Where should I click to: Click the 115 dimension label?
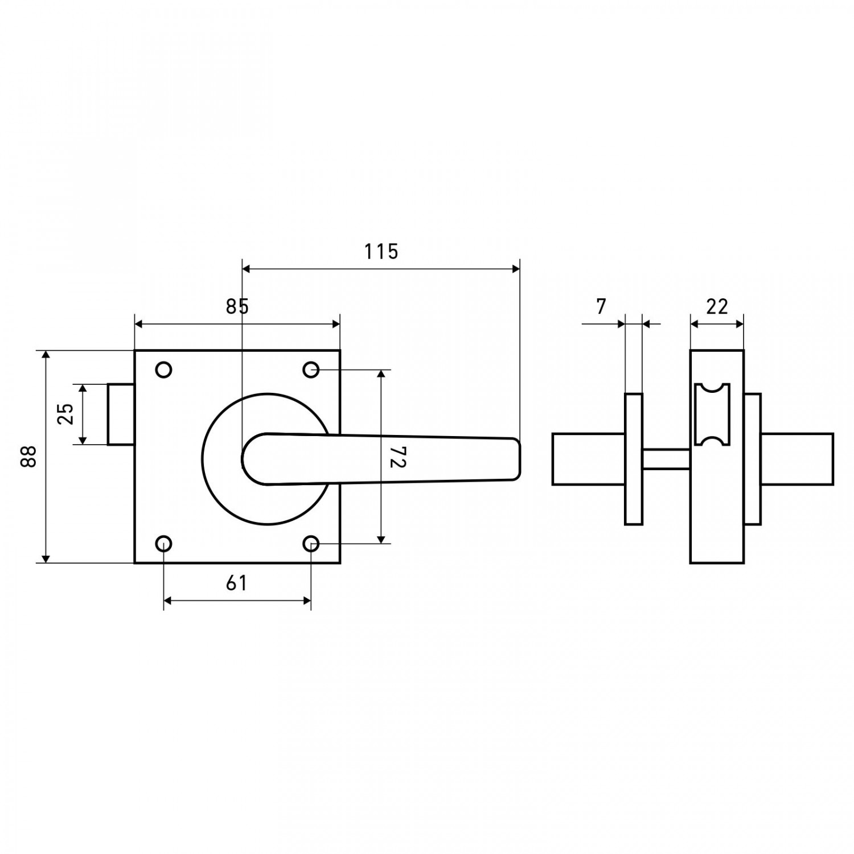pyautogui.click(x=381, y=251)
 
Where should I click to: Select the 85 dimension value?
pyautogui.click(x=237, y=306)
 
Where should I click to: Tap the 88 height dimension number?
pyautogui.click(x=28, y=456)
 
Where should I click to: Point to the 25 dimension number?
pyautogui.click(x=66, y=414)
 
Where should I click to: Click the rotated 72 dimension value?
pyautogui.click(x=397, y=457)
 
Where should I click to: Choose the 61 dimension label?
pyautogui.click(x=236, y=583)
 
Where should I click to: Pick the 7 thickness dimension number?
pyautogui.click(x=601, y=306)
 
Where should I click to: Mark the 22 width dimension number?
pyautogui.click(x=717, y=306)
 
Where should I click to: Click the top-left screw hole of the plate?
pyautogui.click(x=164, y=370)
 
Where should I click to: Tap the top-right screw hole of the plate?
pyautogui.click(x=311, y=370)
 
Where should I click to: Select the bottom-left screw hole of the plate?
pyautogui.click(x=164, y=544)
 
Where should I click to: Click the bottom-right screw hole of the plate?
pyautogui.click(x=311, y=544)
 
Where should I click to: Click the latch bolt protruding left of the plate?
pyautogui.click(x=121, y=414)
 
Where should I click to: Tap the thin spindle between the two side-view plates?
pyautogui.click(x=666, y=459)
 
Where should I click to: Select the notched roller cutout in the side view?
pyautogui.click(x=712, y=414)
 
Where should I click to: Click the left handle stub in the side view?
pyautogui.click(x=589, y=459)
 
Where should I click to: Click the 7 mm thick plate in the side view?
pyautogui.click(x=634, y=459)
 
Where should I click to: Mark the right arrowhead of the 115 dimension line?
pyautogui.click(x=516, y=269)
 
